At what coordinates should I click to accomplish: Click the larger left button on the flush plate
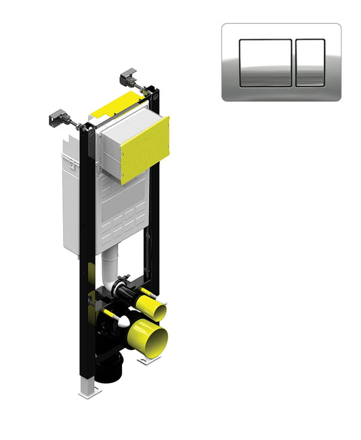[266, 62]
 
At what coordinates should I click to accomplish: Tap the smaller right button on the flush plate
[311, 62]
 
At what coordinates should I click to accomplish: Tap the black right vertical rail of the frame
[154, 223]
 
